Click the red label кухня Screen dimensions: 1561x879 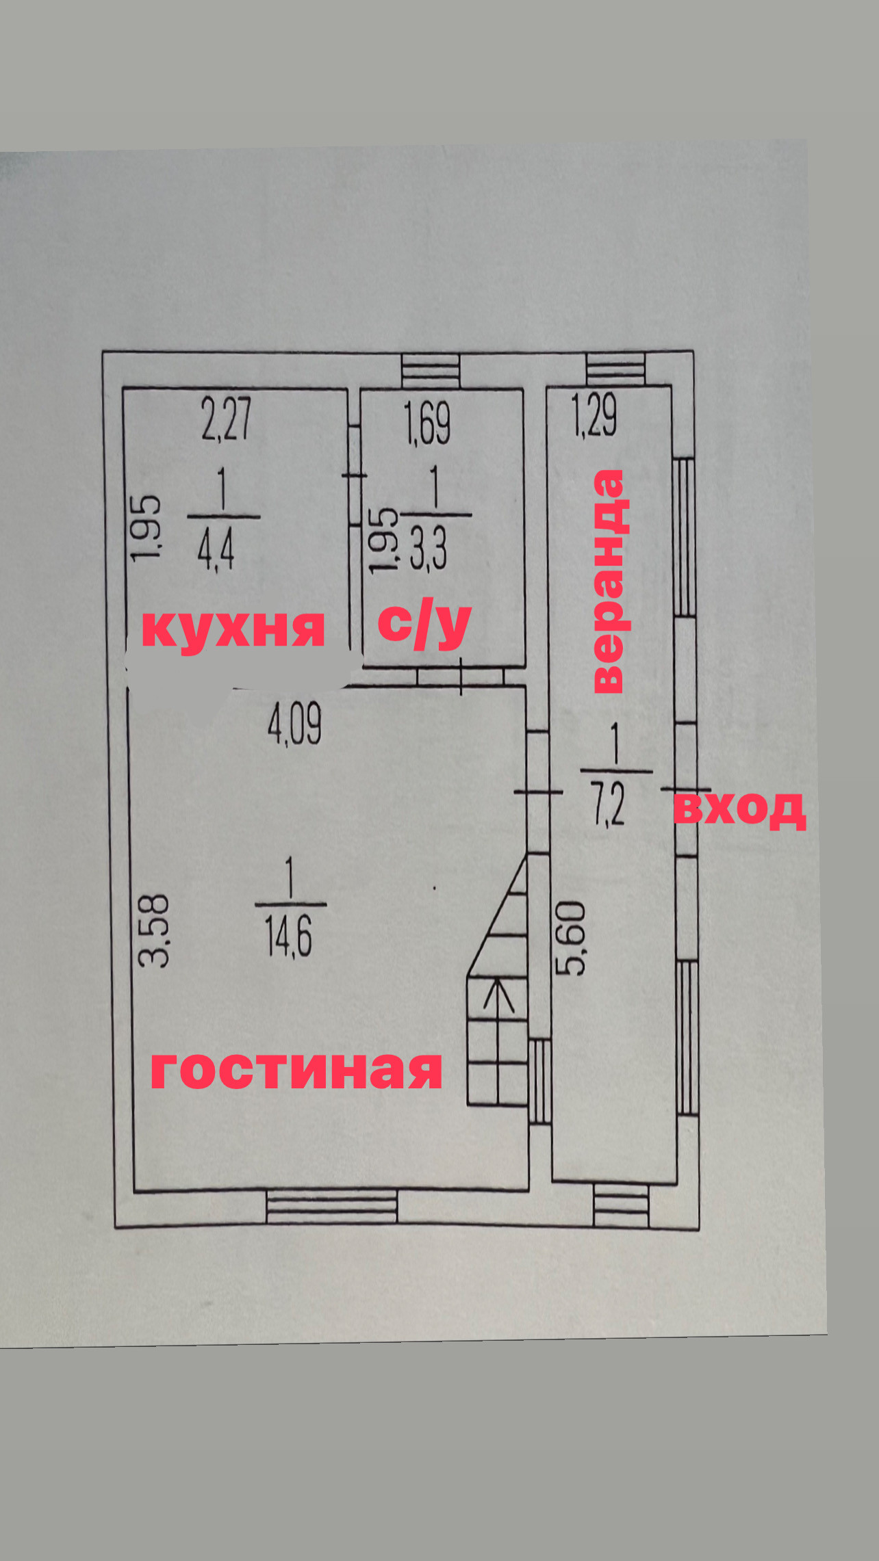click(x=233, y=628)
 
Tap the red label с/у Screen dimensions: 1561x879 click(x=424, y=624)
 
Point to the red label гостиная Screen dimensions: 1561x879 click(x=296, y=1071)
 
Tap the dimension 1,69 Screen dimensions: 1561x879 click(x=427, y=423)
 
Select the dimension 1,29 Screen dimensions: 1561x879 click(x=594, y=415)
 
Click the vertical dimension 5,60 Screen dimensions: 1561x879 click(x=572, y=938)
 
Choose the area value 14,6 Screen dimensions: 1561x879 click(x=288, y=936)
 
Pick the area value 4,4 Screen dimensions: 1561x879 click(x=216, y=550)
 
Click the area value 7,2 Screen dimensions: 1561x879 click(x=609, y=805)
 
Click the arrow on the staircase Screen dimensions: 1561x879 click(x=498, y=995)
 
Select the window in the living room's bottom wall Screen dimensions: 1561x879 click(x=331, y=1207)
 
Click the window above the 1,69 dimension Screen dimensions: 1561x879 click(x=431, y=371)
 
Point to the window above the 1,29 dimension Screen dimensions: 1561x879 click(x=615, y=369)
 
